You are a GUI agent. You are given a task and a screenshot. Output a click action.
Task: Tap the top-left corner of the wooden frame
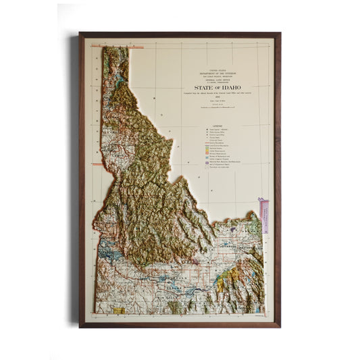80,33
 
